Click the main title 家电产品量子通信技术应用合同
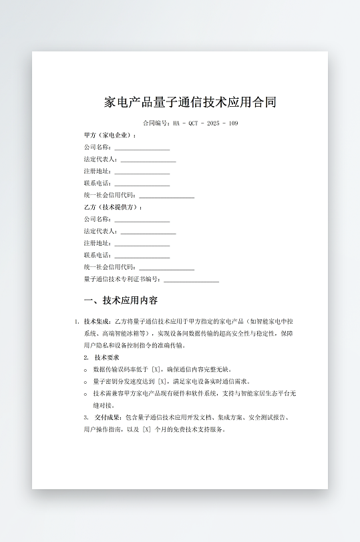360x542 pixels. pyautogui.click(x=190, y=102)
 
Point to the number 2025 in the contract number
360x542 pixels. pyautogui.click(x=212, y=123)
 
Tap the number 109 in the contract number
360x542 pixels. pyautogui.click(x=233, y=123)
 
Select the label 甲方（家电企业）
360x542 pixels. pyautogui.click(x=110, y=135)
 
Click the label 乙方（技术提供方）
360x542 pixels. pyautogui.click(x=113, y=207)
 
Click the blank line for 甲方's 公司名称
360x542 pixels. pyautogui.click(x=142, y=148)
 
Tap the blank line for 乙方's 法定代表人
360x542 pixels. pyautogui.click(x=148, y=232)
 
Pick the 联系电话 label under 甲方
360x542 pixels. pyautogui.click(x=98, y=183)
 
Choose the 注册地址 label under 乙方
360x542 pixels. pyautogui.click(x=98, y=243)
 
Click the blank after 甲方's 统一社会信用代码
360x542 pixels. pyautogui.click(x=166, y=196)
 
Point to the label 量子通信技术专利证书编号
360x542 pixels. pyautogui.click(x=122, y=279)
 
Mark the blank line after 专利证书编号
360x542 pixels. pyautogui.click(x=191, y=280)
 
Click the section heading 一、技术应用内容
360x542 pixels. pyautogui.click(x=121, y=300)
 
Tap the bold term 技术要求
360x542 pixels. pyautogui.click(x=107, y=357)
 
